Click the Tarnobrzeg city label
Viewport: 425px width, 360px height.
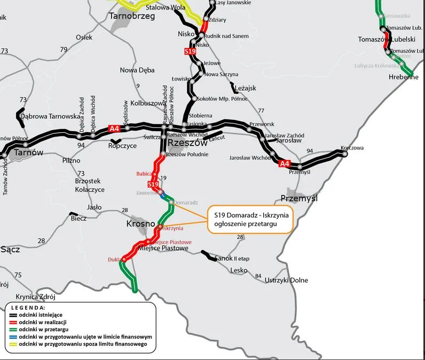click(x=131, y=17)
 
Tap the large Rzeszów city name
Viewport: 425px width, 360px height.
click(x=187, y=143)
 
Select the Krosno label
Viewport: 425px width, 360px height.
click(x=141, y=223)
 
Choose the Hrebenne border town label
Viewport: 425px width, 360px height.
click(x=403, y=77)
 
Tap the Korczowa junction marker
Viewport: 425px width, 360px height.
click(x=344, y=154)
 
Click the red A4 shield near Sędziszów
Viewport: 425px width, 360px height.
click(x=114, y=129)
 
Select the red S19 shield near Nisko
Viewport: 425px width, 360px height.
click(x=190, y=51)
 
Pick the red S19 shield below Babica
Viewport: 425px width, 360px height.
click(x=153, y=185)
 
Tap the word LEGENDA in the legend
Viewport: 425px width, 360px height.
click(x=28, y=308)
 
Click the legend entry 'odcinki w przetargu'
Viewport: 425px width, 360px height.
click(x=46, y=330)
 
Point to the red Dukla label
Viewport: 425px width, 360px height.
click(x=115, y=260)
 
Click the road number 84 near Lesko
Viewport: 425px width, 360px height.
click(x=258, y=276)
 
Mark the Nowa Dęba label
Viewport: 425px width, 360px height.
click(x=137, y=70)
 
